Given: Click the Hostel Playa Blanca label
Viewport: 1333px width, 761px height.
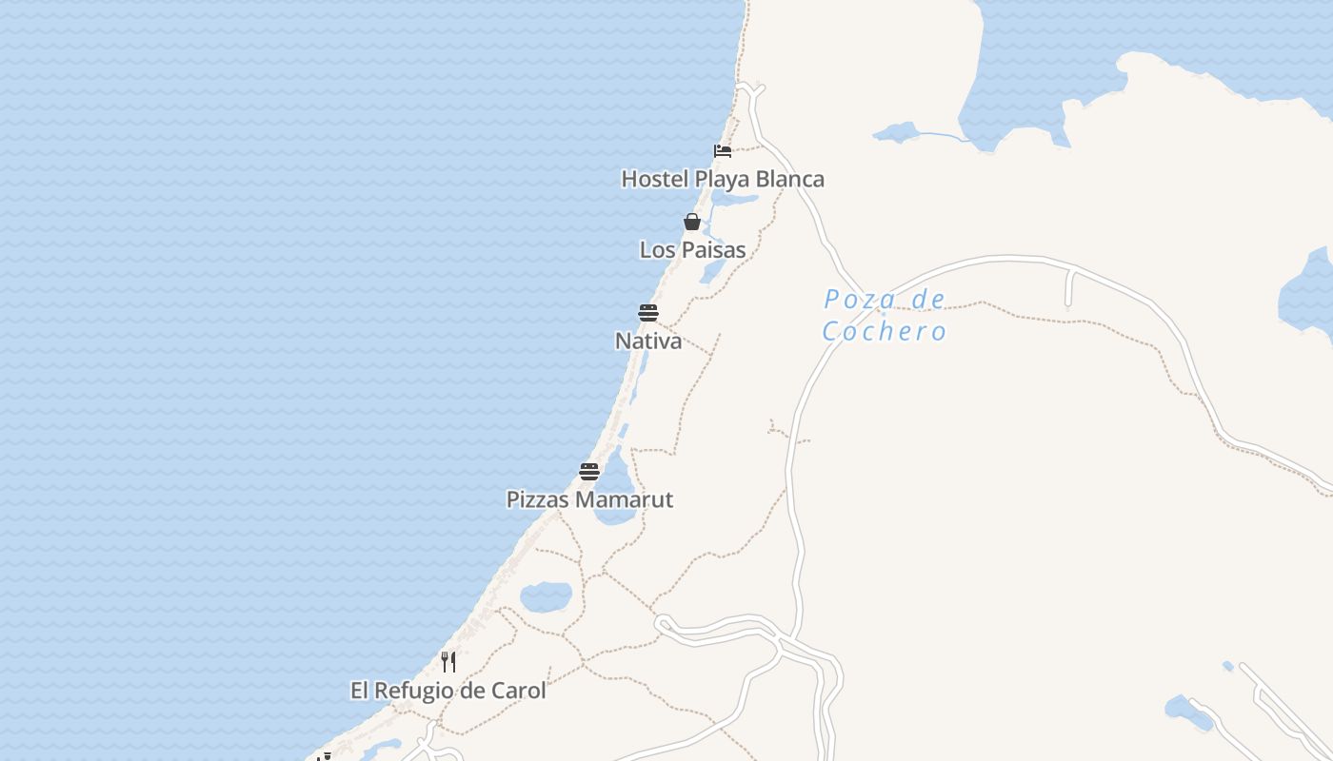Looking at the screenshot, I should tap(723, 179).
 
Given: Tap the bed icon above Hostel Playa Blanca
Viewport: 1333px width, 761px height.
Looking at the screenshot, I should tap(723, 150).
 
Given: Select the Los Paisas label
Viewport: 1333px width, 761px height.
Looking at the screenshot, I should tap(692, 249).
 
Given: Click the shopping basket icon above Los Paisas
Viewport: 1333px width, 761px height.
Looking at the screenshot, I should tap(692, 222).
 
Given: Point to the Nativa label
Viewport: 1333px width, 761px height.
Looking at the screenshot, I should tap(648, 341).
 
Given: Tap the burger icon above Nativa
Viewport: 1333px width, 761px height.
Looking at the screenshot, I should tap(648, 313).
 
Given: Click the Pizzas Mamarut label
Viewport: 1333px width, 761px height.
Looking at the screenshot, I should tap(589, 499).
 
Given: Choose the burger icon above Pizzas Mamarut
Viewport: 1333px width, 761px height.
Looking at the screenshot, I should tap(589, 471).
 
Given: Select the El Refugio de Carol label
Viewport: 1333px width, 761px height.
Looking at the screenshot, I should tap(448, 691).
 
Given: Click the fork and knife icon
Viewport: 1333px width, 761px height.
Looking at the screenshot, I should tap(448, 661).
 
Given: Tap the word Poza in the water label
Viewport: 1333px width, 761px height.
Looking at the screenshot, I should tap(847, 301).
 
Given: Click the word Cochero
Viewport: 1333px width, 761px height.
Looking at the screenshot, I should tap(885, 331).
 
